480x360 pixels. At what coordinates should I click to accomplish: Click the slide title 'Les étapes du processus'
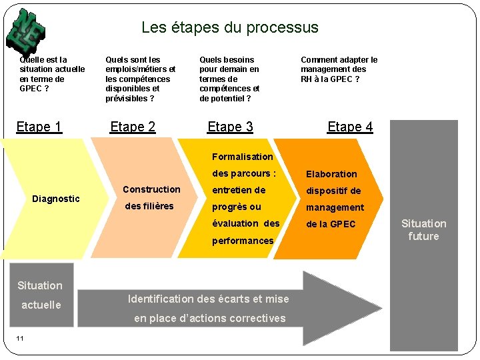(x=230, y=28)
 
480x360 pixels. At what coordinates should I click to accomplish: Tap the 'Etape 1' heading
(x=39, y=127)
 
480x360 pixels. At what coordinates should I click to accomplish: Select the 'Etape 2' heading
(x=133, y=127)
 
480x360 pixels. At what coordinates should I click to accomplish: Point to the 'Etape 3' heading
(x=230, y=127)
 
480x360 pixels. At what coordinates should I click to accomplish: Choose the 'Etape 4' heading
(x=350, y=127)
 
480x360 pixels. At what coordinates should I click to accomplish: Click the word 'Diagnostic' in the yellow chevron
(x=56, y=199)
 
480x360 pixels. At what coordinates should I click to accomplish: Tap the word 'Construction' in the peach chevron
(x=151, y=189)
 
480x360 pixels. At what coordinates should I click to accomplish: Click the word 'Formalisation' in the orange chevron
(x=243, y=157)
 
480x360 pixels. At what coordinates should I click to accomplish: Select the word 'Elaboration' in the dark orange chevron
(x=331, y=174)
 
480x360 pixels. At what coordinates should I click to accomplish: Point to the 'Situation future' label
(x=423, y=230)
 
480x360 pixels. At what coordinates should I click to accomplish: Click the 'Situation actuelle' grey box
(x=40, y=295)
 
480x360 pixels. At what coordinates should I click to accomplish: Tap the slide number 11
(x=20, y=338)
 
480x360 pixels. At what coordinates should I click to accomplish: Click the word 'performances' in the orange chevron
(x=243, y=241)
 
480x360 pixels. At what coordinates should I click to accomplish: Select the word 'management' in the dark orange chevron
(x=335, y=207)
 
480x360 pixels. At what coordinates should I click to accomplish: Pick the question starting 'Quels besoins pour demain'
(x=229, y=79)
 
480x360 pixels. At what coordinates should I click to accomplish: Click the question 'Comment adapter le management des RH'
(x=339, y=69)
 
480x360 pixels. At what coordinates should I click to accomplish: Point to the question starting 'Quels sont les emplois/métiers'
(x=140, y=79)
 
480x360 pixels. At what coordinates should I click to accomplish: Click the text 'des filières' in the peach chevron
(x=149, y=206)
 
